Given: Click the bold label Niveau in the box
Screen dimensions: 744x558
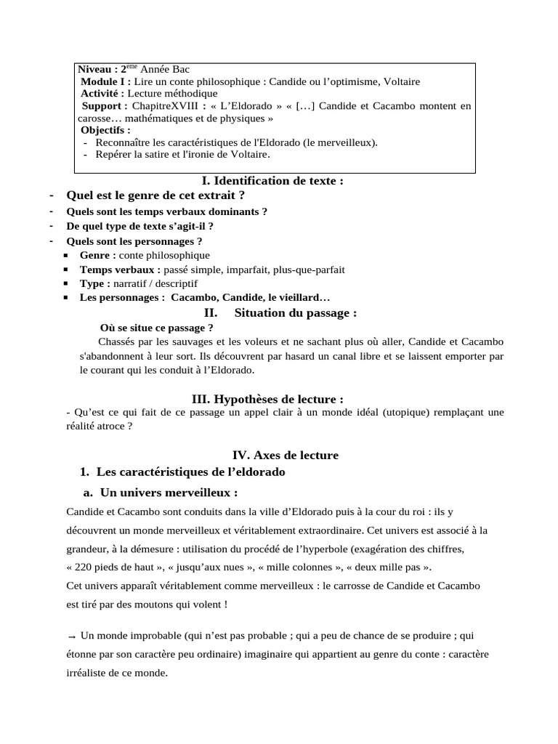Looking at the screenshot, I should pyautogui.click(x=97, y=69).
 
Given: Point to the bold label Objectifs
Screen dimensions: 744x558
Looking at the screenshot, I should pyautogui.click(x=105, y=130).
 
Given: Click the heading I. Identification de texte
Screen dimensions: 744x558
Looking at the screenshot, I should pyautogui.click(x=272, y=181).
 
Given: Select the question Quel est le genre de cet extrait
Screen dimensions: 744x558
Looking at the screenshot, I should pyautogui.click(x=155, y=195).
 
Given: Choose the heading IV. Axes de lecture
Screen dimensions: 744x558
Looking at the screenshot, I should pyautogui.click(x=286, y=455).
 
